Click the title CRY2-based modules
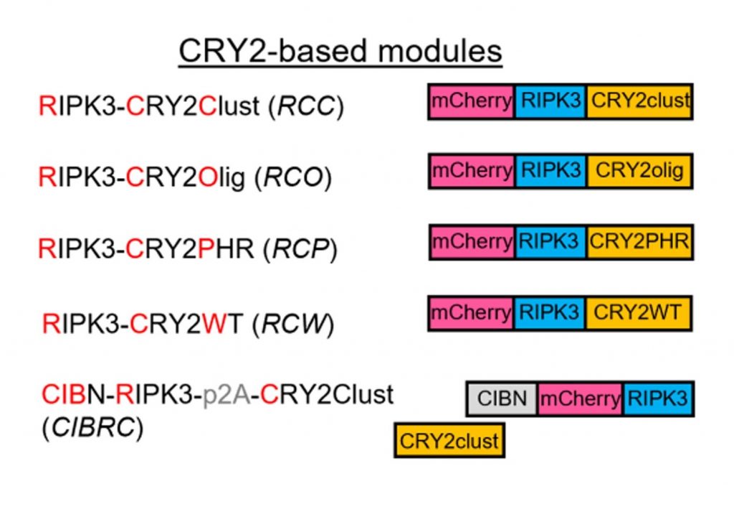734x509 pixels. click(340, 52)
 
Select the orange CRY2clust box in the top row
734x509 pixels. click(639, 101)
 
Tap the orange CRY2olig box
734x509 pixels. click(639, 171)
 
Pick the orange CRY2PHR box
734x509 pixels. click(639, 241)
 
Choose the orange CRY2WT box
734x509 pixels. click(639, 312)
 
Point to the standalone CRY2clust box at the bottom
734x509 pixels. click(449, 439)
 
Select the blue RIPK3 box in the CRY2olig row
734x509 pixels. click(550, 171)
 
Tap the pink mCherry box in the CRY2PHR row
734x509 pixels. click(472, 241)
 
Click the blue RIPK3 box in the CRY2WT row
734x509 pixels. click(550, 312)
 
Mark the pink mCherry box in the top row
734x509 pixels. click(472, 101)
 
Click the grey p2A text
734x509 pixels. click(230, 395)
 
